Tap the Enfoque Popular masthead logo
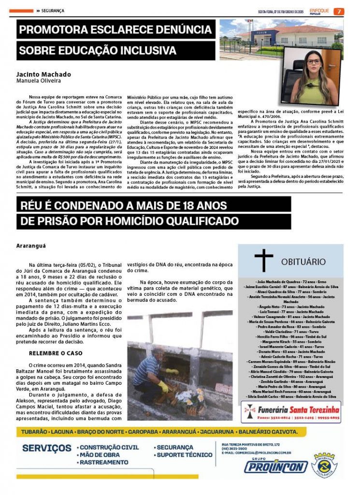[x=319, y=11]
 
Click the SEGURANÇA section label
[x=53, y=11]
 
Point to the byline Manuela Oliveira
[x=36, y=81]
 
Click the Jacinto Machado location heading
[x=43, y=74]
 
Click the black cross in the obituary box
[x=264, y=260]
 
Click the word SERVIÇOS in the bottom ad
[x=47, y=448]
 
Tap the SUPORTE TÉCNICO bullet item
[x=184, y=455]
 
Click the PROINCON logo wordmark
[x=275, y=466]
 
